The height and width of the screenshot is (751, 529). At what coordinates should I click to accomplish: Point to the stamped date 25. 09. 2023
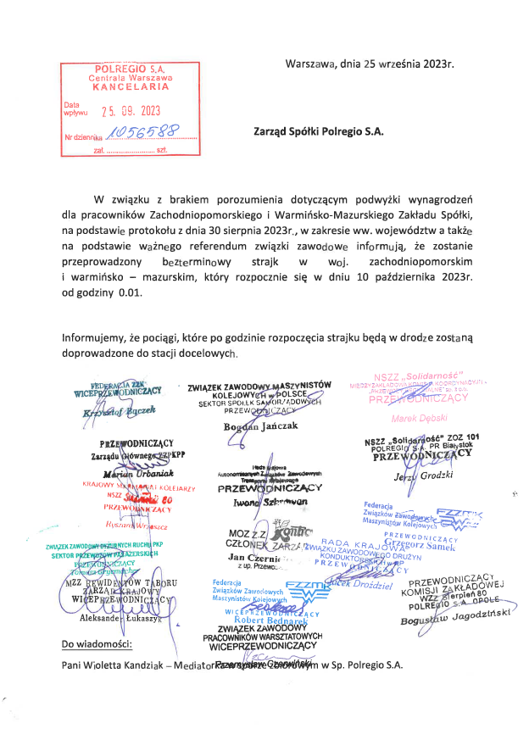coord(131,110)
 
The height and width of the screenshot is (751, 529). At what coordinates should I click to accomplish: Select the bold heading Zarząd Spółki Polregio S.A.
coord(319,131)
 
